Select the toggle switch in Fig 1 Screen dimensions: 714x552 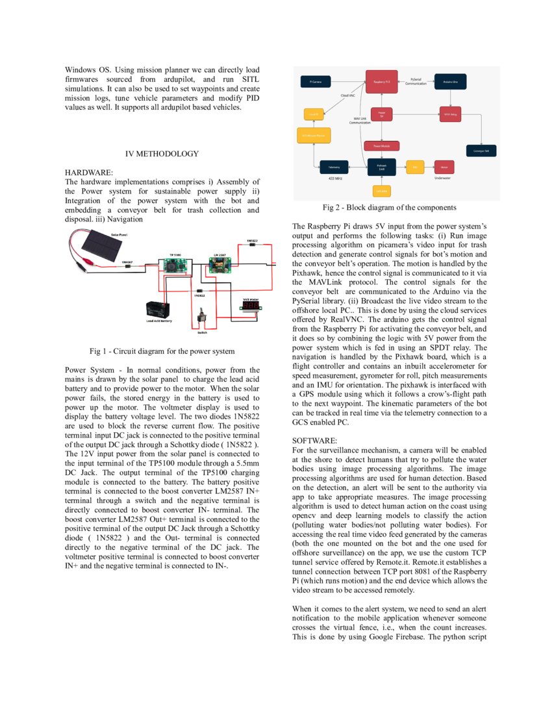pos(203,320)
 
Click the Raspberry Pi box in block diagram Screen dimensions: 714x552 pos(381,82)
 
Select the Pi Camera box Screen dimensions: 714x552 pos(316,82)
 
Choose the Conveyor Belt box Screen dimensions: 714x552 pos(482,150)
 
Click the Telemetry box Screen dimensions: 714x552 pos(334,167)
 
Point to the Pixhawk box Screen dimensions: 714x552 pos(381,167)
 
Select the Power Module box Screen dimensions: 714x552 pos(381,146)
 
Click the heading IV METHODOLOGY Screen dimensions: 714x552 pos(162,154)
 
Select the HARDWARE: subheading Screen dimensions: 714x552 pos(89,173)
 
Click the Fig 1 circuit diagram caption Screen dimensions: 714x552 pos(162,351)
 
